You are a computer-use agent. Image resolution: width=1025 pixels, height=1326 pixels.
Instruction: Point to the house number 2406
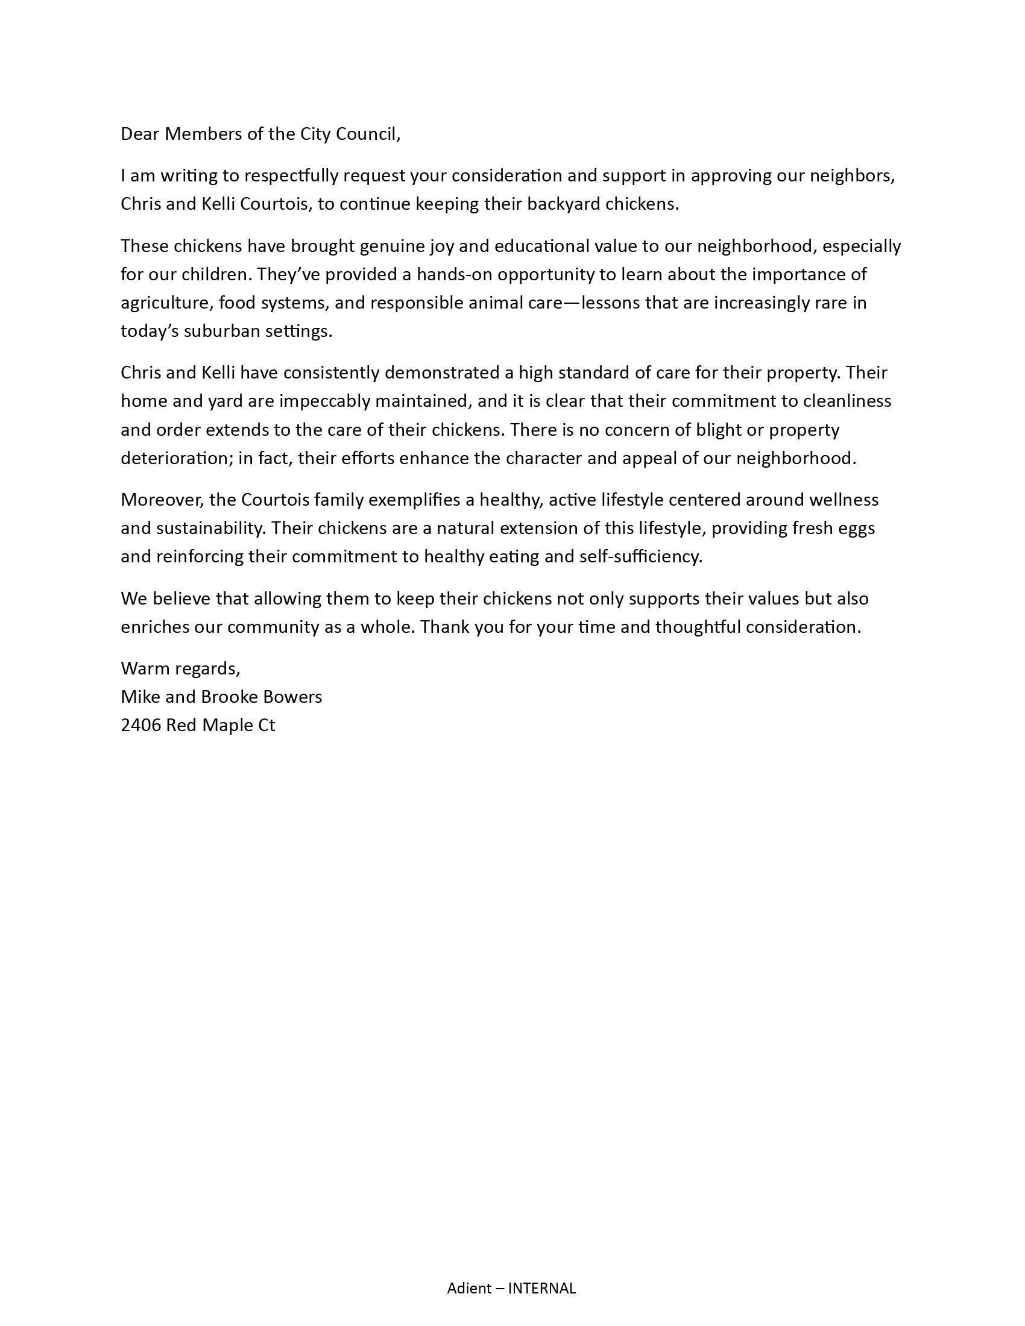(x=141, y=725)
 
